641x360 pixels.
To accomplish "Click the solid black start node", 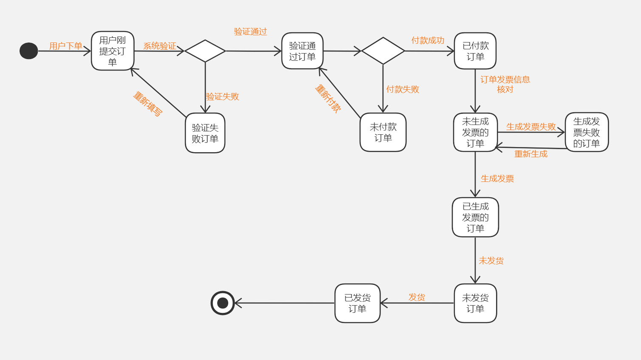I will tap(28, 51).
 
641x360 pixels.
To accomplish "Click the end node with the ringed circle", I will tap(223, 303).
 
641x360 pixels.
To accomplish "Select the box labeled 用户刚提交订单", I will tap(113, 51).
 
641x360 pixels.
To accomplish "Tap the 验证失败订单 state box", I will tap(205, 133).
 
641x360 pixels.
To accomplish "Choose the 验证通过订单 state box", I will tap(302, 51).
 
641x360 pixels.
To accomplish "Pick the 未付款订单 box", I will tap(383, 132).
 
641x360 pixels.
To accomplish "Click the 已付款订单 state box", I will tap(475, 51).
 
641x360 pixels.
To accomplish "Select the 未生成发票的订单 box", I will tap(475, 132).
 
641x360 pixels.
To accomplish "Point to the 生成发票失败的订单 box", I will tap(587, 132).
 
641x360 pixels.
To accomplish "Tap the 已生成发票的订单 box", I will tap(475, 217).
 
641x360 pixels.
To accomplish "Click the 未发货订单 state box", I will tap(475, 303).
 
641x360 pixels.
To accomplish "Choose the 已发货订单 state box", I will tap(357, 303).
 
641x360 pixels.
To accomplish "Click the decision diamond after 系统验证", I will tap(205, 51).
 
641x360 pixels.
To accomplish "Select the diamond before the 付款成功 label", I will tap(383, 51).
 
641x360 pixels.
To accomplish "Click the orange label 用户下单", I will tap(65, 46).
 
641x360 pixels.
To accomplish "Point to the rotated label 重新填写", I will tap(147, 104).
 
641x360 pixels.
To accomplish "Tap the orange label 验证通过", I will tap(250, 31).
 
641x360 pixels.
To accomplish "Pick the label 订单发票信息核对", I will tap(505, 84).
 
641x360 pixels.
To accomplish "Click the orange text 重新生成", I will tap(531, 154).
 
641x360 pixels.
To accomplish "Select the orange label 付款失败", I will tap(403, 89).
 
